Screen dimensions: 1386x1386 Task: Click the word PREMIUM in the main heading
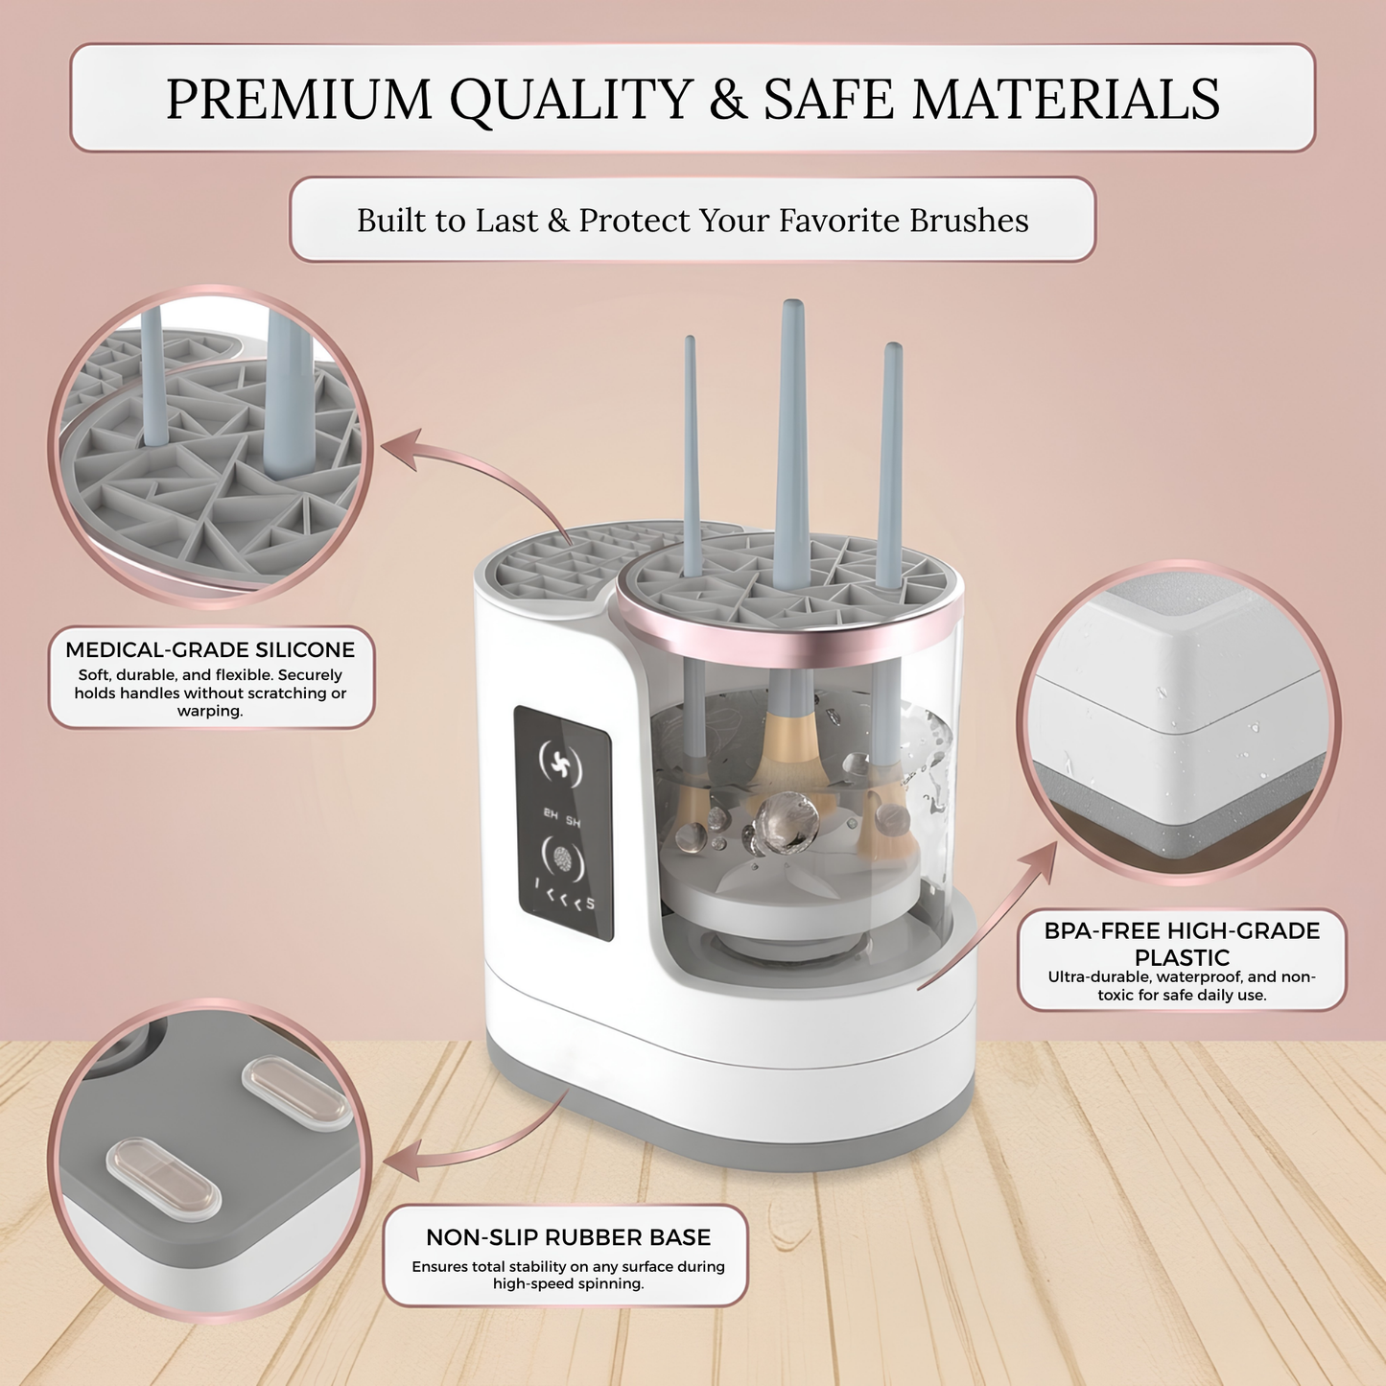tap(298, 99)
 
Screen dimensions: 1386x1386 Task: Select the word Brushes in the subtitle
tap(968, 220)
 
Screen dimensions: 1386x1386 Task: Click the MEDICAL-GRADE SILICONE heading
tap(210, 649)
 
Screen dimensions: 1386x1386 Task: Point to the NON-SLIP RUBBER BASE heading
tap(568, 1237)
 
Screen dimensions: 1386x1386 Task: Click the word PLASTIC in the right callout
tap(1182, 957)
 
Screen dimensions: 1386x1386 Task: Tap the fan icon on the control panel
tap(560, 763)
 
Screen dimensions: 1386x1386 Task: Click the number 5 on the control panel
tap(590, 904)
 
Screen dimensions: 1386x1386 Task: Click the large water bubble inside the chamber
tap(787, 821)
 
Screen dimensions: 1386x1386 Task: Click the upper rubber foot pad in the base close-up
tap(297, 1092)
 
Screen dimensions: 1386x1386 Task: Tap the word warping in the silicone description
tap(210, 712)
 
